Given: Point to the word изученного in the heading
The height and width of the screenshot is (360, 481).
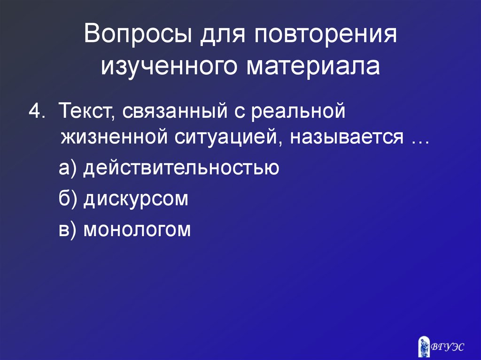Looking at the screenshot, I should [171, 66].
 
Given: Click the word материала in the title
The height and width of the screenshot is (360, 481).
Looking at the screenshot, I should [314, 66].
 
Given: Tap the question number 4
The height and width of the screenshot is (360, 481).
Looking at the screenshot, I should [37, 112].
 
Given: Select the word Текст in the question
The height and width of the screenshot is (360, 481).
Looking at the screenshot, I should [85, 112].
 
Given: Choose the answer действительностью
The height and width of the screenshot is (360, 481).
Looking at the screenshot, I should [181, 168].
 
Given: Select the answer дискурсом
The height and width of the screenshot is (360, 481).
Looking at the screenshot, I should [136, 199].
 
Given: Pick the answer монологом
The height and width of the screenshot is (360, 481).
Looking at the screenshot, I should [137, 230].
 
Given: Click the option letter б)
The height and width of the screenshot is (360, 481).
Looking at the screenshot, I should [68, 199].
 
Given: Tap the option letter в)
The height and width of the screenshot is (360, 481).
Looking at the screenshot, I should [67, 230].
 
